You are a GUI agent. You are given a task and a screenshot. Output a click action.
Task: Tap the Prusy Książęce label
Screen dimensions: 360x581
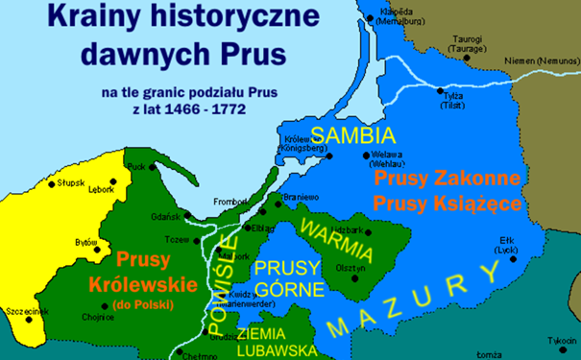tap(448, 204)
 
